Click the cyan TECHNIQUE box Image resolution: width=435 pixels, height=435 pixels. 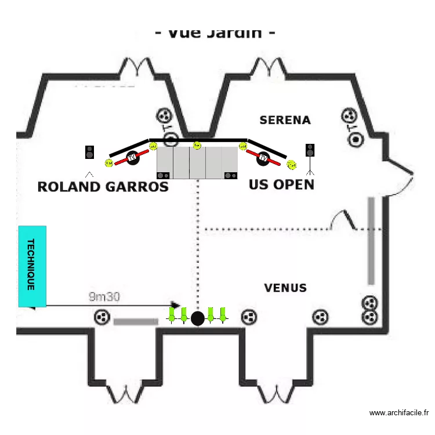click(x=32, y=266)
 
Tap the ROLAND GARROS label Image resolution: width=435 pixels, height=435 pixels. click(x=103, y=186)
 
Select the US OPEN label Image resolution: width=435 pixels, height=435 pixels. click(x=281, y=184)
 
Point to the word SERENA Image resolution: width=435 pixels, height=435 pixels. click(x=285, y=120)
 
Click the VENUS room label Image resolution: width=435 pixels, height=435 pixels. click(x=285, y=288)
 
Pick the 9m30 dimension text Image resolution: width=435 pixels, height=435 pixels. click(x=104, y=297)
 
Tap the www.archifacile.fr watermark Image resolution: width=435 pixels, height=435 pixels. click(x=399, y=413)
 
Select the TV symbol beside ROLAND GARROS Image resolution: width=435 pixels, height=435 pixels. click(x=132, y=157)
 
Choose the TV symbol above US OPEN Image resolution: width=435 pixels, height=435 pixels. click(x=264, y=157)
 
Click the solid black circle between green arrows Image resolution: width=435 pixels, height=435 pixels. click(x=198, y=318)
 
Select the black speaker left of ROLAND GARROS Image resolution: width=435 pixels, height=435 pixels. click(x=90, y=152)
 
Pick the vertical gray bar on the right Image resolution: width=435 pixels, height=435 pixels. click(x=371, y=241)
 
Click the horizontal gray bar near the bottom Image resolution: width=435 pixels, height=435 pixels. click(x=136, y=321)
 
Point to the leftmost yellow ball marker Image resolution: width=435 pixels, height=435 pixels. click(x=108, y=164)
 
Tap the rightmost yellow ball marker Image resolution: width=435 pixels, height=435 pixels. click(x=291, y=165)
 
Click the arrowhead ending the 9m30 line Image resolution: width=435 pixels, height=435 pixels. click(x=176, y=304)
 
